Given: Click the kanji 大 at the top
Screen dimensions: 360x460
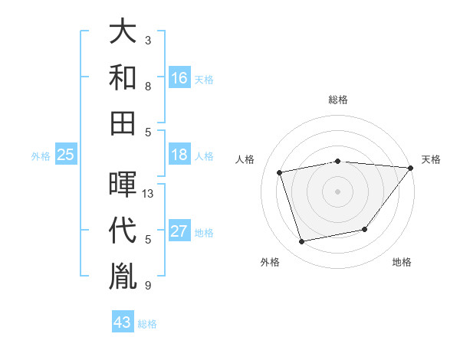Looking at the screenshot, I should click(x=123, y=33).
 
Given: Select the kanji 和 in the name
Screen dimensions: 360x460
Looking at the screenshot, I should click(x=123, y=77).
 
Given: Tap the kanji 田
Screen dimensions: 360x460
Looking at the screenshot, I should click(x=123, y=122).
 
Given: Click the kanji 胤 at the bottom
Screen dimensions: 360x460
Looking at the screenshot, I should click(x=123, y=275).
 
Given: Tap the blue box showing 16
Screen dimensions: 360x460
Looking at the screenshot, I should click(x=179, y=78).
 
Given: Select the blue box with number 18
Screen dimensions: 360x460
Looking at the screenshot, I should click(x=179, y=155).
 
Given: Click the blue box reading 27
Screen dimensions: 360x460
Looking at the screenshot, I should click(x=179, y=231).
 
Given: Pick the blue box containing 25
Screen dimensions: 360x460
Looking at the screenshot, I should click(x=65, y=155).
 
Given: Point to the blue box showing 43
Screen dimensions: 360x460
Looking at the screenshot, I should click(x=123, y=322).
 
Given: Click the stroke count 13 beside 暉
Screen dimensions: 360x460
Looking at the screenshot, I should click(x=149, y=194).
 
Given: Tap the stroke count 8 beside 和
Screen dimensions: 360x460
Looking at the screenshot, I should click(x=148, y=86).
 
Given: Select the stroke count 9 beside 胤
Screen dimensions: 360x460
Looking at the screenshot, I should click(x=148, y=286).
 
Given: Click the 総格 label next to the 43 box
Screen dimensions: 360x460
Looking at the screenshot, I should click(x=147, y=324).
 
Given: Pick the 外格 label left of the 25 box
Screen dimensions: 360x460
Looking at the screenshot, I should click(x=41, y=156).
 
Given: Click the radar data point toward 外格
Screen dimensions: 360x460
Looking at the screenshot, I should click(x=302, y=242).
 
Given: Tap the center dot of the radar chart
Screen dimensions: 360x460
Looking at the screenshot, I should click(x=337, y=191).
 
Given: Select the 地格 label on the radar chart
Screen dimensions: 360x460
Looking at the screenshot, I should click(x=402, y=263).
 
